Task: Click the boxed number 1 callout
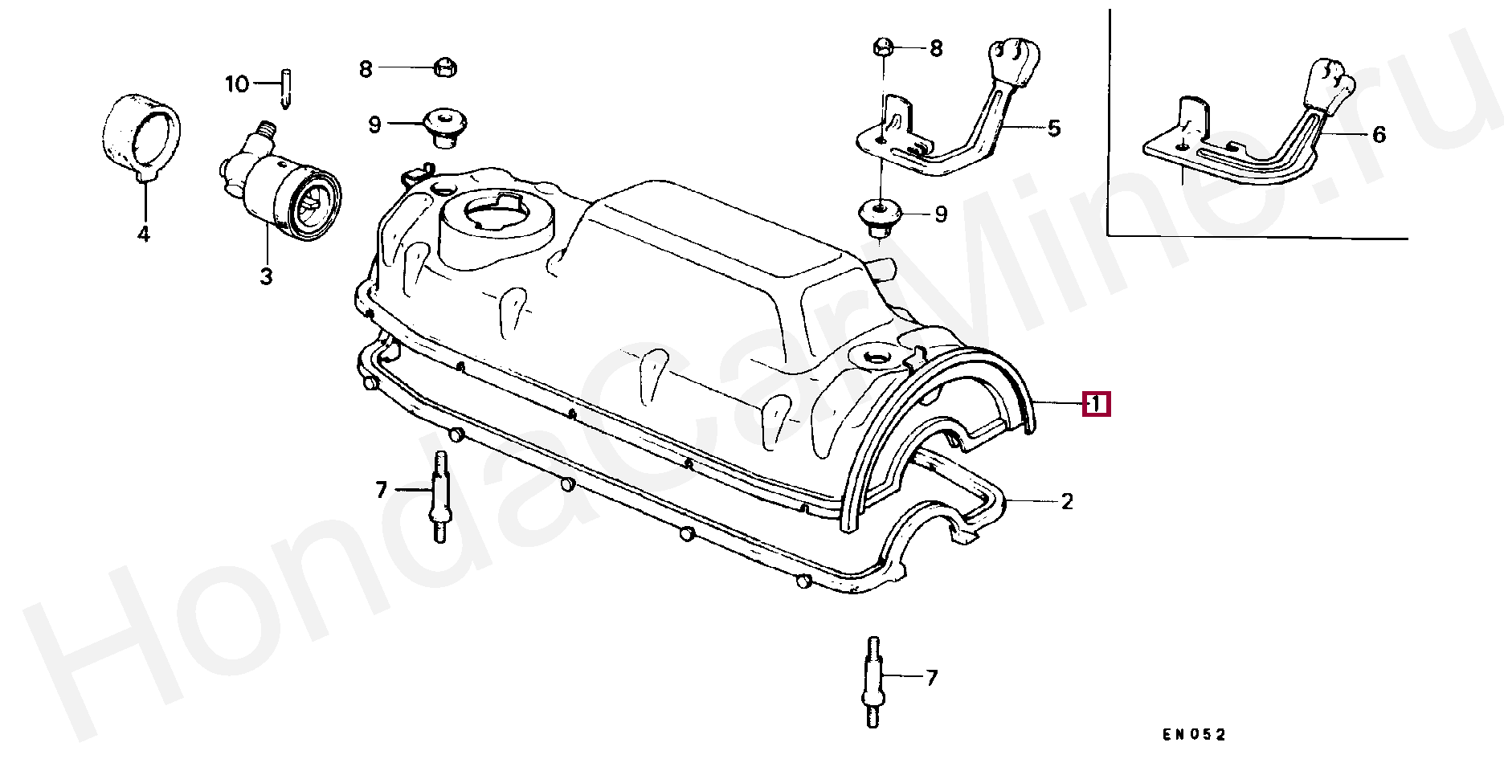point(1096,404)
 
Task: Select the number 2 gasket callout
point(1067,502)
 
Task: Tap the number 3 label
point(266,277)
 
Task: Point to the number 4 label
point(143,235)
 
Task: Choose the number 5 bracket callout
point(1054,128)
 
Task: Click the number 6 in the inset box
point(1379,135)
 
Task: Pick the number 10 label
point(237,84)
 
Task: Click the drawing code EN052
point(1194,735)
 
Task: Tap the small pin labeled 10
point(285,89)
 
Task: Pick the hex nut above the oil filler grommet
point(444,67)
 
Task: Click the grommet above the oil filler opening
point(444,127)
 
